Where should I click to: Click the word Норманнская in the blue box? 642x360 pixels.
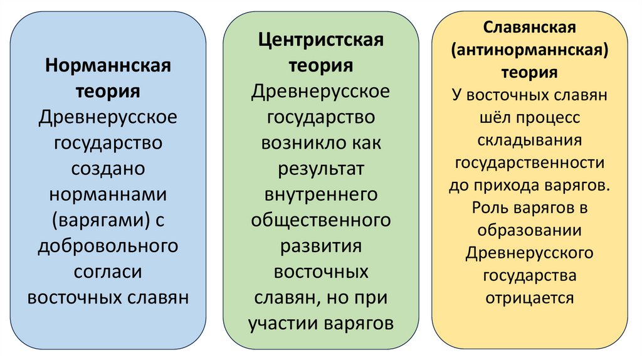point(108,65)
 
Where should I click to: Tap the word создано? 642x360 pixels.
point(108,169)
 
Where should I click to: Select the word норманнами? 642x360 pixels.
point(108,195)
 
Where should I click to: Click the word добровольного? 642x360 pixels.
point(108,246)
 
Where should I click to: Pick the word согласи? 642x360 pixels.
point(108,272)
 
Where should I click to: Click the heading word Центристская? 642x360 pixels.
point(320,41)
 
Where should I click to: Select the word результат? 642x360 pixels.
point(320,169)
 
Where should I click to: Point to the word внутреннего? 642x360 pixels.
point(320,194)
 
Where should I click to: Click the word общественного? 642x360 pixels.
point(320,220)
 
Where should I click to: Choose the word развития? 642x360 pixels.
point(320,246)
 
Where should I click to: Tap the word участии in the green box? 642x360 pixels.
point(283,324)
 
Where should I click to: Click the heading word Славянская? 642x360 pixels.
point(530,28)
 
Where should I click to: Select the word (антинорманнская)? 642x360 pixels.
point(530,50)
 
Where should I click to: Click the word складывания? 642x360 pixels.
point(530,140)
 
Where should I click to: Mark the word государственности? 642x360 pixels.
point(530,162)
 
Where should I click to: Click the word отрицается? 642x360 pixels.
point(530,297)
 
